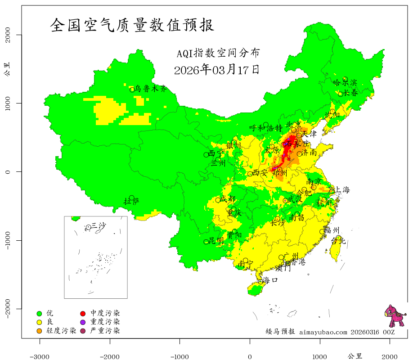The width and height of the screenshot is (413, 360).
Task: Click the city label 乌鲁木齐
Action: coord(151,89)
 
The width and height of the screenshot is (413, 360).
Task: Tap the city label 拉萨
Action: coord(132,201)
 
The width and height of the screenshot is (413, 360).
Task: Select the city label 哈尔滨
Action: coord(345,82)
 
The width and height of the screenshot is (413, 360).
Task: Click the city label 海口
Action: coord(270,280)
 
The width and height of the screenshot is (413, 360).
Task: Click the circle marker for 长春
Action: coord(341,94)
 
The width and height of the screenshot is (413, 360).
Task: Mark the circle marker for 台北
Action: coord(338,238)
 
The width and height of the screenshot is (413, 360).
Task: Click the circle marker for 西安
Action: coord(250,174)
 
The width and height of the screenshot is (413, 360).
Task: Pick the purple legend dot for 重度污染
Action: coord(84,322)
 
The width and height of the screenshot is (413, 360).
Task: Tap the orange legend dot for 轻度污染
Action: coord(40,331)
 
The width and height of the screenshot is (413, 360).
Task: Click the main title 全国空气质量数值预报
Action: coord(132,25)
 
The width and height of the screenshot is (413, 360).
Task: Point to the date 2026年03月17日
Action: coord(216,70)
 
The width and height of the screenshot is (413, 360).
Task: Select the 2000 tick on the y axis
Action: coord(8,35)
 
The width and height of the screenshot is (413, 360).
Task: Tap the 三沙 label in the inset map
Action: coord(99,225)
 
